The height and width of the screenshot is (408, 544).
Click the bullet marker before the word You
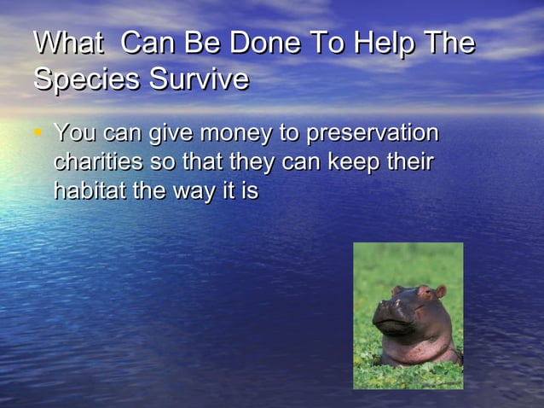pos(38,132)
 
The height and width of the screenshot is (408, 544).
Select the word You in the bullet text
pos(73,134)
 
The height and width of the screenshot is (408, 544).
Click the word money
pos(236,135)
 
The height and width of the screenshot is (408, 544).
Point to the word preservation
pos(372,135)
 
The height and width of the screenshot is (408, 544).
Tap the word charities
pos(95,162)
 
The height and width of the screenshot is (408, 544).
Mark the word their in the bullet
pos(412,162)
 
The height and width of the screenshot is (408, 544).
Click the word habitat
pos(90,191)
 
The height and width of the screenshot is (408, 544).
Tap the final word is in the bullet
pos(250,191)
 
